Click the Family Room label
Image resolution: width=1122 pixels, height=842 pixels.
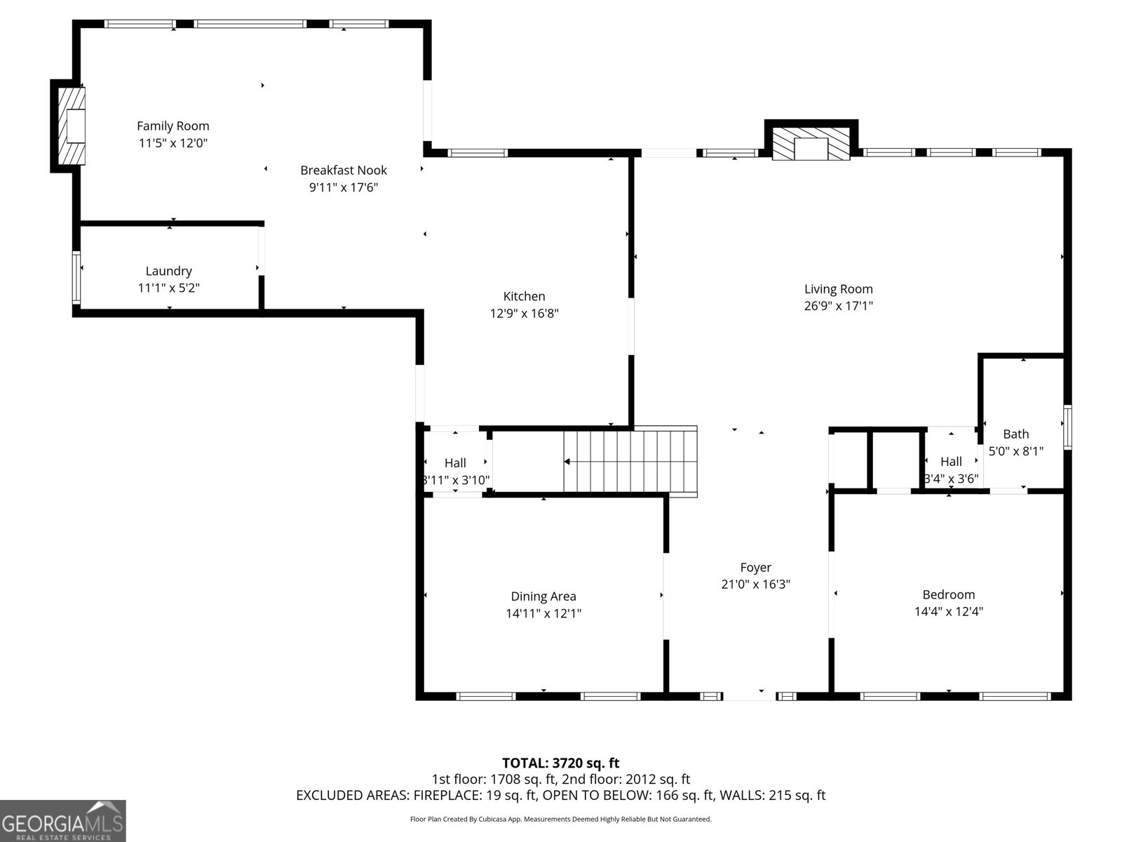point(173,126)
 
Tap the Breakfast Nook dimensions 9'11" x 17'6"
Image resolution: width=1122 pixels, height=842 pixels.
point(344,187)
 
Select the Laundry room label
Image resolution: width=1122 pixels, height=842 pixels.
point(169,271)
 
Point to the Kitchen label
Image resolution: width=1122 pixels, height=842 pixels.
point(524,296)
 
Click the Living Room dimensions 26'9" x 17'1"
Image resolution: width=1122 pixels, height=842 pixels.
point(838,306)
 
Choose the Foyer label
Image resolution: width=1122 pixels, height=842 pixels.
point(755,568)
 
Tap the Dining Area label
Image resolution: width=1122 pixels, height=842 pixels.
point(543,596)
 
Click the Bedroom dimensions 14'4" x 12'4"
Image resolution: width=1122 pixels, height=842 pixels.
point(949,611)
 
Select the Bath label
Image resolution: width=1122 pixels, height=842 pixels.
point(1015,434)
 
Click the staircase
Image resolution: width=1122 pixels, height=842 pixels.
point(630,462)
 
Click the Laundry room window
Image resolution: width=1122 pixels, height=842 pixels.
point(76,278)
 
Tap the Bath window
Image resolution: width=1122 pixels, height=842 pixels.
point(1068,427)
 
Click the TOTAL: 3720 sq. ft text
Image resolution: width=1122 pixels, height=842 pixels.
point(561,763)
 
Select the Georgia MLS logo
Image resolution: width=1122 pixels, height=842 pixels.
point(63,820)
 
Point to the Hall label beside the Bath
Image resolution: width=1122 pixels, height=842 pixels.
point(951,462)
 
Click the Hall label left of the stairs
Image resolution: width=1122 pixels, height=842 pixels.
point(455,463)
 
